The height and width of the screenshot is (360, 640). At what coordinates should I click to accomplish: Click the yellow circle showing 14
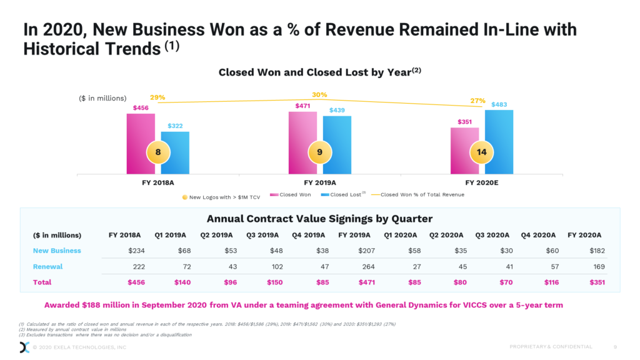pos(482,152)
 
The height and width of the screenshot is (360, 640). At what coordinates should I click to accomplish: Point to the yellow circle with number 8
pos(158,152)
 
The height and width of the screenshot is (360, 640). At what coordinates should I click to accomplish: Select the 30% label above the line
pos(319,95)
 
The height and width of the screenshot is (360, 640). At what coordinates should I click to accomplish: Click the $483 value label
pos(499,104)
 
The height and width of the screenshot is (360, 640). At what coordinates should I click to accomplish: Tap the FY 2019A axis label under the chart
pos(320,183)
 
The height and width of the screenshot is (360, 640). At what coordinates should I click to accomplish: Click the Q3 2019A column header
pos(263,235)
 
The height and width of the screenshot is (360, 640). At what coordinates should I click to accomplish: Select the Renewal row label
pos(47,266)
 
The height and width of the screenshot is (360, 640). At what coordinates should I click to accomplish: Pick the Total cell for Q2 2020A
pos(451,282)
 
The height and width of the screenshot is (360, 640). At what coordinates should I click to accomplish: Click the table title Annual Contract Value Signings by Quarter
pos(319,218)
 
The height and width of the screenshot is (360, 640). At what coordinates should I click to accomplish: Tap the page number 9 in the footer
pos(615,347)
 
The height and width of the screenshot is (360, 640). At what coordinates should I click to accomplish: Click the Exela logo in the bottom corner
pos(24,347)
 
